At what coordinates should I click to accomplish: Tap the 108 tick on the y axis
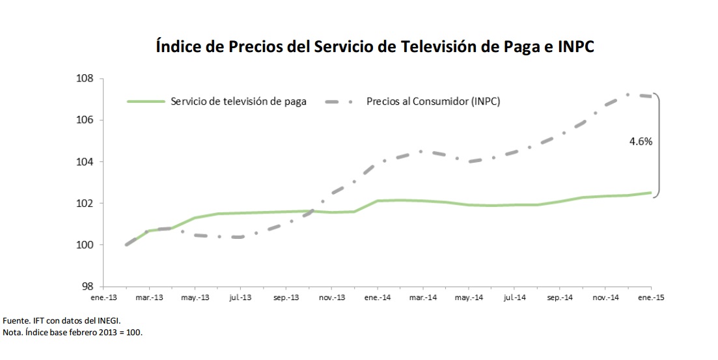click(x=86, y=79)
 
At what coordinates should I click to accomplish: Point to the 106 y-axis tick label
click(x=86, y=120)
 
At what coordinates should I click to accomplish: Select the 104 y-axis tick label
click(x=86, y=162)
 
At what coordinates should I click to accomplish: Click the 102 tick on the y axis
click(x=86, y=204)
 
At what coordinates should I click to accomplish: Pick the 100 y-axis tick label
click(x=86, y=245)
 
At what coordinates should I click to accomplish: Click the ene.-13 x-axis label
click(x=104, y=297)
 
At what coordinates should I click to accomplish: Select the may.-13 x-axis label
click(x=195, y=297)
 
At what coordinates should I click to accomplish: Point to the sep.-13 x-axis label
click(x=286, y=297)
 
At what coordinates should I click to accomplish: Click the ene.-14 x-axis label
click(x=377, y=297)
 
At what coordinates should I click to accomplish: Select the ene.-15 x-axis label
click(x=650, y=297)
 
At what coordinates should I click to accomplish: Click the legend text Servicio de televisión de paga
click(x=238, y=101)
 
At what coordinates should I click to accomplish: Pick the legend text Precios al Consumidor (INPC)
click(x=433, y=101)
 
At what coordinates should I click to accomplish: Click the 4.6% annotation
click(x=641, y=141)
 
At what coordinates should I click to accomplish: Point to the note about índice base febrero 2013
click(x=72, y=332)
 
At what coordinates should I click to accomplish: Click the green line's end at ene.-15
click(x=650, y=193)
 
